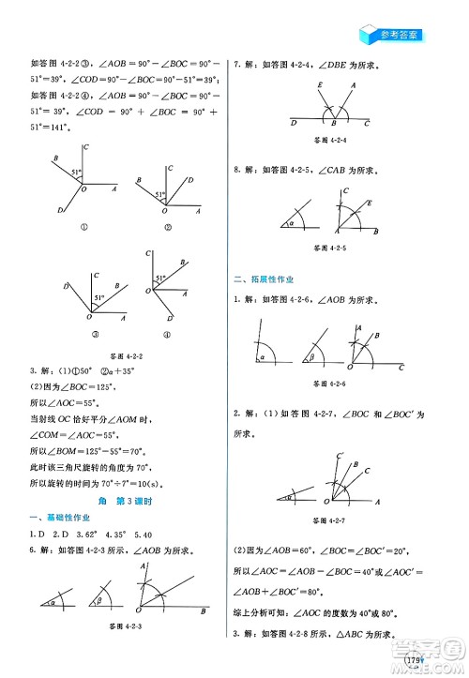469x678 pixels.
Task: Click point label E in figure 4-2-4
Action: (x=319, y=84)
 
